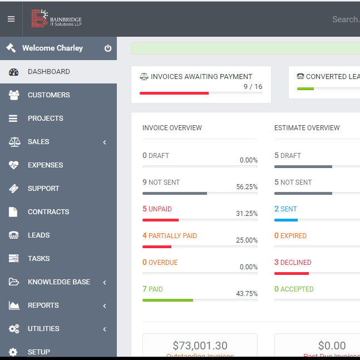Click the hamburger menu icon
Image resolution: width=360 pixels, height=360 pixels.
[x=11, y=19]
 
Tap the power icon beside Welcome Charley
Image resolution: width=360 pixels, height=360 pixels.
[x=108, y=48]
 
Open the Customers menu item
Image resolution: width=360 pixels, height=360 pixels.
[x=48, y=95]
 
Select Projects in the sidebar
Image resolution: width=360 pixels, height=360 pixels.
[x=45, y=119]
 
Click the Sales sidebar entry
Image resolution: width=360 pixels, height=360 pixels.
[x=38, y=142]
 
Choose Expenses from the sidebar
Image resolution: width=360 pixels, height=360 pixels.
[x=45, y=165]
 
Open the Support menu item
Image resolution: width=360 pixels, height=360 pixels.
[x=43, y=189]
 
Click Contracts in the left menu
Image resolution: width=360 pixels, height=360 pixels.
[x=48, y=212]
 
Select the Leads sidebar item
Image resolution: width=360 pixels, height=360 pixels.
[x=38, y=235]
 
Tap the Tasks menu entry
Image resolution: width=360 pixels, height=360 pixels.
[x=38, y=259]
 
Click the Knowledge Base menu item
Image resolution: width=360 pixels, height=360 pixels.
[x=58, y=282]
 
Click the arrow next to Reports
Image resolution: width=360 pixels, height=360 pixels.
[x=105, y=305]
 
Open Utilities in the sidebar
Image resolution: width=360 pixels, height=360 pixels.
[x=43, y=329]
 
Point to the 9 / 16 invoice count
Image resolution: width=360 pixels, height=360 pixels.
[x=253, y=87]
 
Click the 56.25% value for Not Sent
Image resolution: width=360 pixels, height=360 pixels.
[x=246, y=187]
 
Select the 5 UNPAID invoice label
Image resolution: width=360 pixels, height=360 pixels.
[x=157, y=209]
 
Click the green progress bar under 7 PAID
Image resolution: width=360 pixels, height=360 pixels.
[x=167, y=300]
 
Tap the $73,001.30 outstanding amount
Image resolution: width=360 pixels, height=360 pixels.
[x=200, y=346]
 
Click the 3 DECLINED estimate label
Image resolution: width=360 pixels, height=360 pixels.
[x=293, y=263]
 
